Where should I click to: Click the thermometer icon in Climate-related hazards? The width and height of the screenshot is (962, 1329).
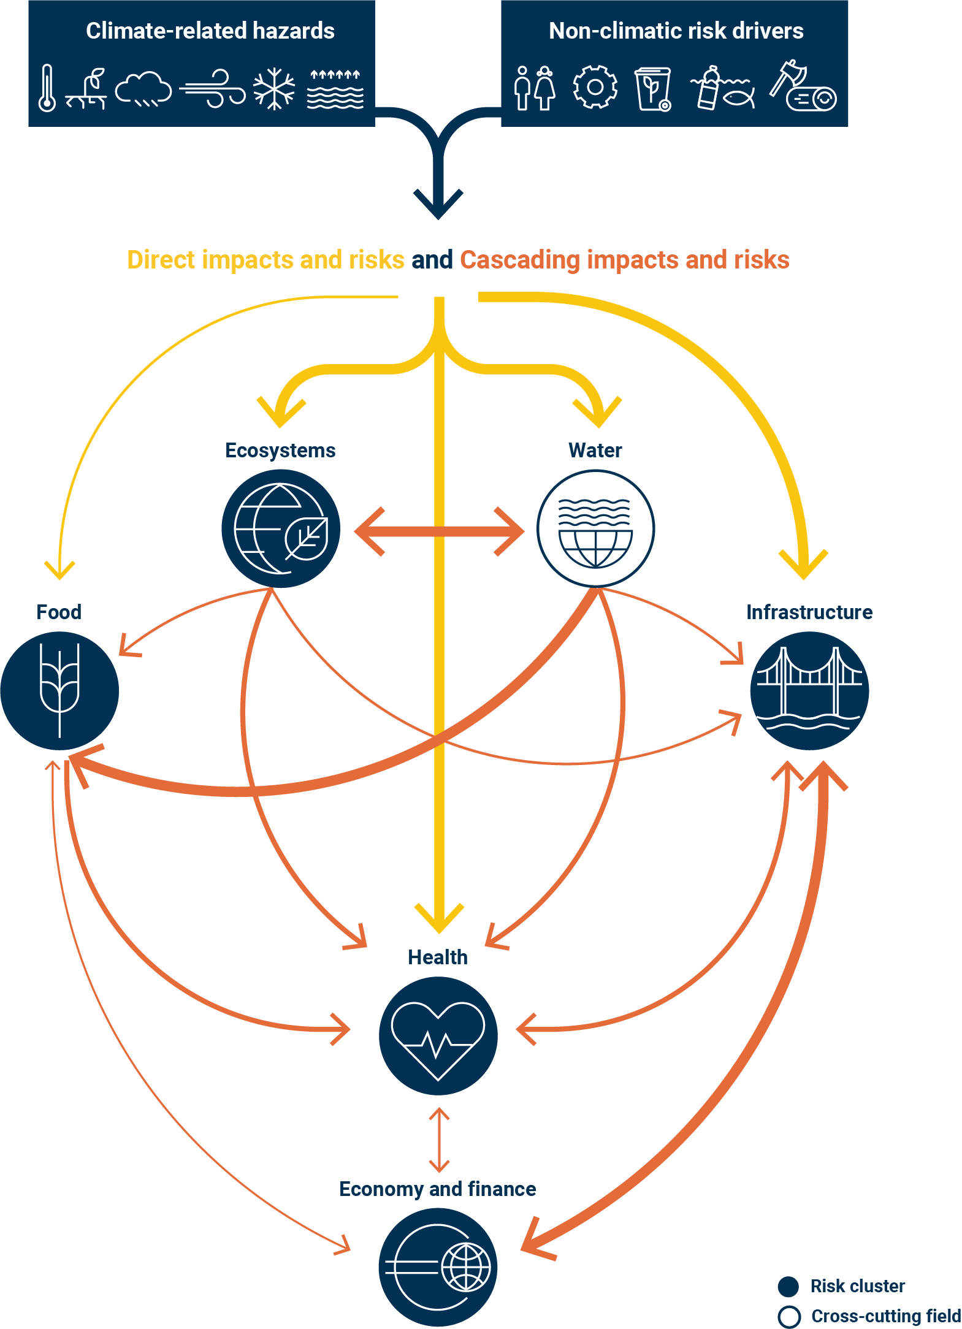click(47, 88)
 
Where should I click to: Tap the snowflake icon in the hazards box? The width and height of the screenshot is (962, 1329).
click(274, 88)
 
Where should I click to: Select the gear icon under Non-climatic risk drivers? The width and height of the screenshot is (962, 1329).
click(595, 87)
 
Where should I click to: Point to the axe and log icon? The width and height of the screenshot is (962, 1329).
click(803, 87)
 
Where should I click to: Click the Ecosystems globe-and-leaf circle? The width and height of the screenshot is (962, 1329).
click(281, 528)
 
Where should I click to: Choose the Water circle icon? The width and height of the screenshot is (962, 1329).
click(595, 528)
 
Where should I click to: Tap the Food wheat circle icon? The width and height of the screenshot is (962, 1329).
click(59, 691)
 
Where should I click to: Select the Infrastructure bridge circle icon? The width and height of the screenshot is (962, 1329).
click(809, 691)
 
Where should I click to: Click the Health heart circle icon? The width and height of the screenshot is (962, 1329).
click(438, 1036)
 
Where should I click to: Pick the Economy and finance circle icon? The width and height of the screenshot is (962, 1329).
click(438, 1267)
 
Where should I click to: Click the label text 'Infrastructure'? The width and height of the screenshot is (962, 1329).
click(809, 612)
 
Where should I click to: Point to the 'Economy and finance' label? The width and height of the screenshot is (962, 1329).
click(437, 1189)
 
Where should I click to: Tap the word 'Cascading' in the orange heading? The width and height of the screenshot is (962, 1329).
click(519, 260)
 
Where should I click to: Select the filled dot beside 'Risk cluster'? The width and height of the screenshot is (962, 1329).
click(788, 1287)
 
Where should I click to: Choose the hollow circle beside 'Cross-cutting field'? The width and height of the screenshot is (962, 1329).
click(789, 1317)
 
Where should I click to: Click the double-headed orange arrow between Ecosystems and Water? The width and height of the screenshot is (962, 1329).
click(439, 531)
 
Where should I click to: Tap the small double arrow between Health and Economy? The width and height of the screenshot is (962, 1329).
click(439, 1140)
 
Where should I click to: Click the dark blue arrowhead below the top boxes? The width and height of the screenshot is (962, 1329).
click(438, 203)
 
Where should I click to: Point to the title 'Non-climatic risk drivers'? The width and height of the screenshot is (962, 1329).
click(676, 31)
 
